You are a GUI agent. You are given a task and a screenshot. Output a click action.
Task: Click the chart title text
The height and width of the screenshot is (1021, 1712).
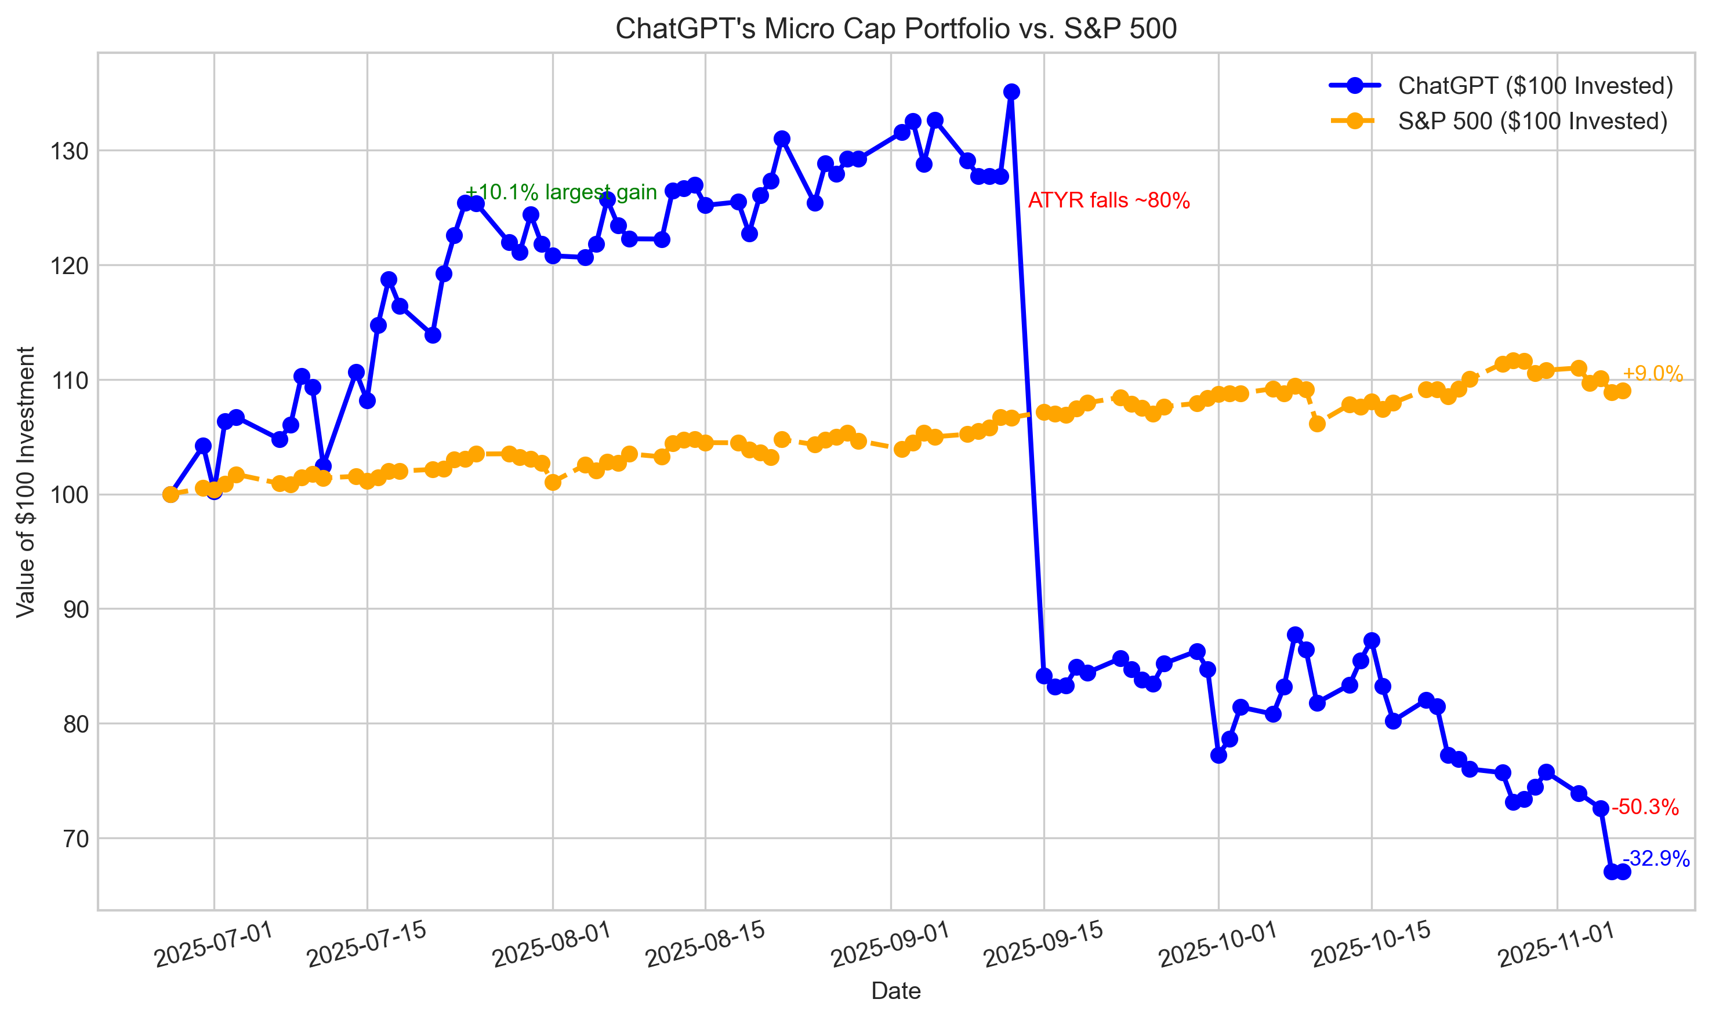click(x=895, y=29)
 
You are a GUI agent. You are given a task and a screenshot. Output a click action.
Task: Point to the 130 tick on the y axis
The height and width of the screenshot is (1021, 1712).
click(x=70, y=151)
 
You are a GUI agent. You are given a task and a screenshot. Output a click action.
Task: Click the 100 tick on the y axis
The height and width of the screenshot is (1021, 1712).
click(x=70, y=495)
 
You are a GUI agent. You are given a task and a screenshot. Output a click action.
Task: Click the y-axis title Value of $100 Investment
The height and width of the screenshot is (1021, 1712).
click(x=26, y=482)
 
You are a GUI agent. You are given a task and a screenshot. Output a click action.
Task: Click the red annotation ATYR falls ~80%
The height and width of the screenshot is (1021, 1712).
click(x=1108, y=201)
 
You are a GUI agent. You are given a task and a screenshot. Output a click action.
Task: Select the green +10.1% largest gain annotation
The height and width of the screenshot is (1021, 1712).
click(x=561, y=192)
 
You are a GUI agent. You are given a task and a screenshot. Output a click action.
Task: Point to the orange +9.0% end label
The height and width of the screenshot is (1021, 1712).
click(x=1652, y=374)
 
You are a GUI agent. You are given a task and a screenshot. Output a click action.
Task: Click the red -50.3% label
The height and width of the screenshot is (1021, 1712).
click(x=1645, y=807)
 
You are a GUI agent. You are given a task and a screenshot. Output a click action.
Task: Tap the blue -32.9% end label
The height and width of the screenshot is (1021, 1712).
click(x=1656, y=859)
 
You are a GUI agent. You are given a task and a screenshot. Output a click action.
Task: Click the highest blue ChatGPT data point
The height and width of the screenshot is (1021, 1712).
click(x=1011, y=92)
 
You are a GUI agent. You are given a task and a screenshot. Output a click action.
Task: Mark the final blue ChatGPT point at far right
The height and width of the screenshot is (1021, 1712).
click(x=1623, y=872)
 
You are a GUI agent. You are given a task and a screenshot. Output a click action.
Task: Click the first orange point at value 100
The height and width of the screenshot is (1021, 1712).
click(x=171, y=495)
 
